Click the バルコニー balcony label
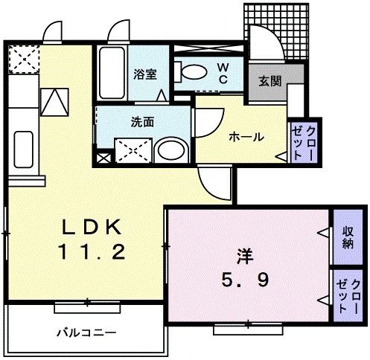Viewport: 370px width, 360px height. pyautogui.click(x=85, y=331)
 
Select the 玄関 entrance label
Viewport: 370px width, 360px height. pyautogui.click(x=269, y=80)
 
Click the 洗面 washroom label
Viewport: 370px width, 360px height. pyautogui.click(x=144, y=122)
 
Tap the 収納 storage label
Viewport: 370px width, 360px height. pyautogui.click(x=348, y=238)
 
